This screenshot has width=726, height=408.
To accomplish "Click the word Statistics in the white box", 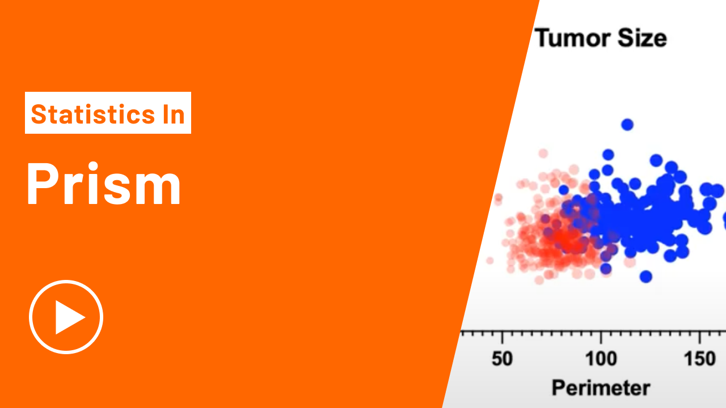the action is coord(93,114).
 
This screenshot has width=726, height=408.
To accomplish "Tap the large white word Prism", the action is coord(103,184).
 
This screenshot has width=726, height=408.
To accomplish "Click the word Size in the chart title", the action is coord(643,38).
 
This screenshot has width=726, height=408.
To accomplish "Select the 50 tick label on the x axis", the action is coord(502,359).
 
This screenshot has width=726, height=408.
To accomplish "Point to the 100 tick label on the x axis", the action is coord(601,359).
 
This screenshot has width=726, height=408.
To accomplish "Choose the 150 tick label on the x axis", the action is coord(699,359).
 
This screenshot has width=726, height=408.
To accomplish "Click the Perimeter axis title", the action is coord(601,388).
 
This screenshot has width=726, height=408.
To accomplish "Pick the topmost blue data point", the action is coord(627,125).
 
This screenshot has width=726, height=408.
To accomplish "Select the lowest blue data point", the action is coord(646,277).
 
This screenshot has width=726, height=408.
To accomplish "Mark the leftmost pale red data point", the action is coord(489,260).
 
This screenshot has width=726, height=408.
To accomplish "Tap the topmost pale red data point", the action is coord(543,153).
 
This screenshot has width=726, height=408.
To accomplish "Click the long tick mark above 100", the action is coord(601,337).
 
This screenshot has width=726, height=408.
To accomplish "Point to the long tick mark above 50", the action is coord(502,337).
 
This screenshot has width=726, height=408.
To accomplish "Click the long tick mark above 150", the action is coord(699,337).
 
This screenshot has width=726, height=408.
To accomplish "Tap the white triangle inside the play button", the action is coord(67,317).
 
